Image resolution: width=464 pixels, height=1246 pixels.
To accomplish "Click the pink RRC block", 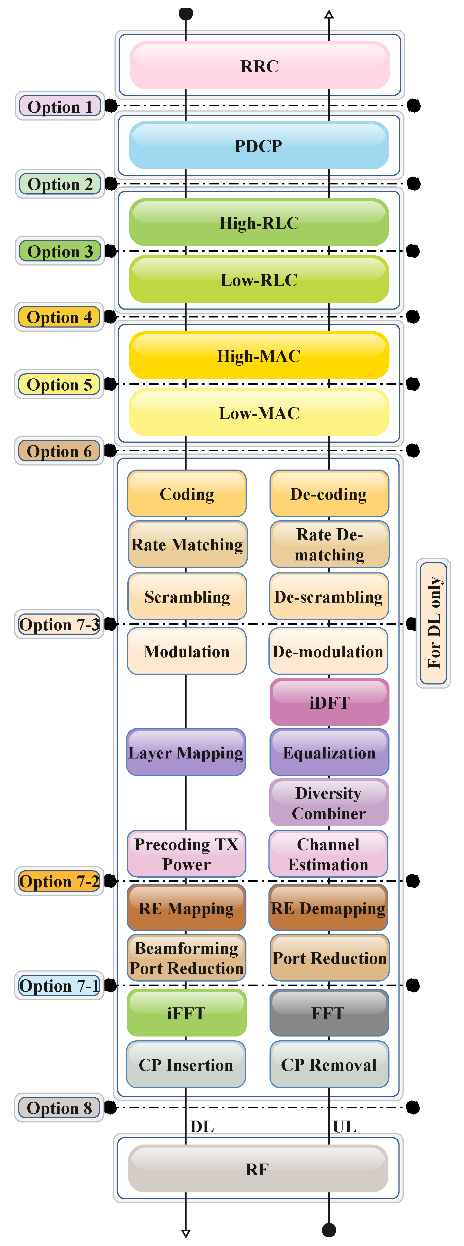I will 259,66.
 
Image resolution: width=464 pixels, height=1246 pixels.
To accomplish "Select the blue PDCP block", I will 259,146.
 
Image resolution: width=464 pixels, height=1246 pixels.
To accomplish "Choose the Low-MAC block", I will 259,413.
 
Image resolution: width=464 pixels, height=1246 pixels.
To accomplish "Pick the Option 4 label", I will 59,317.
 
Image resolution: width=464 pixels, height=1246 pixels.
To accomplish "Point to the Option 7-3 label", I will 59,624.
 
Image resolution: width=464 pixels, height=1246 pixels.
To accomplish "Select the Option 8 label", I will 59,1108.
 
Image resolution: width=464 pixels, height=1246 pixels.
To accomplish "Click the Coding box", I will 187,494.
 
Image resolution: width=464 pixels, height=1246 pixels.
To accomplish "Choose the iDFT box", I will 329,702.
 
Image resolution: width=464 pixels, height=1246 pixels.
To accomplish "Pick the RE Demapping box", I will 329,908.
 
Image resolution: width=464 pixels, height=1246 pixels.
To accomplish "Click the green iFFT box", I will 187,1013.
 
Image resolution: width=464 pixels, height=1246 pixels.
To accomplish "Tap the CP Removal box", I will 329,1065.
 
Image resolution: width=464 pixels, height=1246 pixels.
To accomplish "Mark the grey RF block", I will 258,1169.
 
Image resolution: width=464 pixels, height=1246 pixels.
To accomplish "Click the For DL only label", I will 434,623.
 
